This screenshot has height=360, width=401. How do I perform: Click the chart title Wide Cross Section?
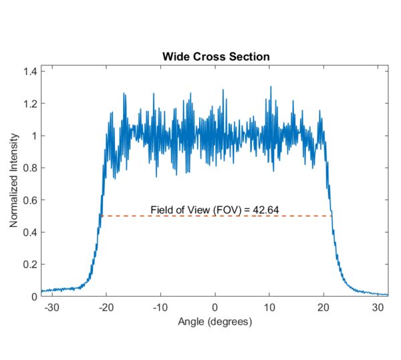(215, 56)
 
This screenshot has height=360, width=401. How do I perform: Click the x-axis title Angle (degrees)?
(215, 322)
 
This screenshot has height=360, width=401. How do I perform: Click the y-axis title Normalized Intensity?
(14, 184)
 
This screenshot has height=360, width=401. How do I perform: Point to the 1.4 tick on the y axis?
(29, 71)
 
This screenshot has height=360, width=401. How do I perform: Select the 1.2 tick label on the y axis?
(29, 104)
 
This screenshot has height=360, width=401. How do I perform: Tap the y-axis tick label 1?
(33, 136)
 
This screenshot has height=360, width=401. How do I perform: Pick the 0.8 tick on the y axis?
(29, 168)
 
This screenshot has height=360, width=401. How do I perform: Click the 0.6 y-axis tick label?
(29, 200)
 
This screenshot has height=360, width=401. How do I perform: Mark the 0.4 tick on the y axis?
(29, 232)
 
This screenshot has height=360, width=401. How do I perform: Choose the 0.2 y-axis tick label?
(29, 264)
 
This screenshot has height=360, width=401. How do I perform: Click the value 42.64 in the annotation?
(265, 210)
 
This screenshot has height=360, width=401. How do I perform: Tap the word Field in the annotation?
(161, 210)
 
